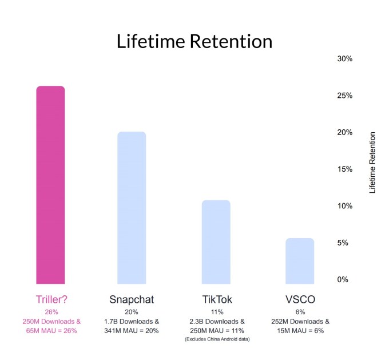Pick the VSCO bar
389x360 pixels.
300,261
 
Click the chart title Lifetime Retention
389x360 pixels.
194,41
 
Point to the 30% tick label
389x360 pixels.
345,59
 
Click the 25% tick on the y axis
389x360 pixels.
345,96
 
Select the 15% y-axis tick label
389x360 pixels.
345,169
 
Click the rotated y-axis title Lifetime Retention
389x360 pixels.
372,163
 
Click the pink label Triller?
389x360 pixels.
51,299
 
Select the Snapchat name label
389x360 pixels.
132,299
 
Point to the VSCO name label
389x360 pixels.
300,299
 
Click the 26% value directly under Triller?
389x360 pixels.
51,312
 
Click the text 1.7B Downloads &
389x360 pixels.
132,322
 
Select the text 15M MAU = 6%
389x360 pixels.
300,331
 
